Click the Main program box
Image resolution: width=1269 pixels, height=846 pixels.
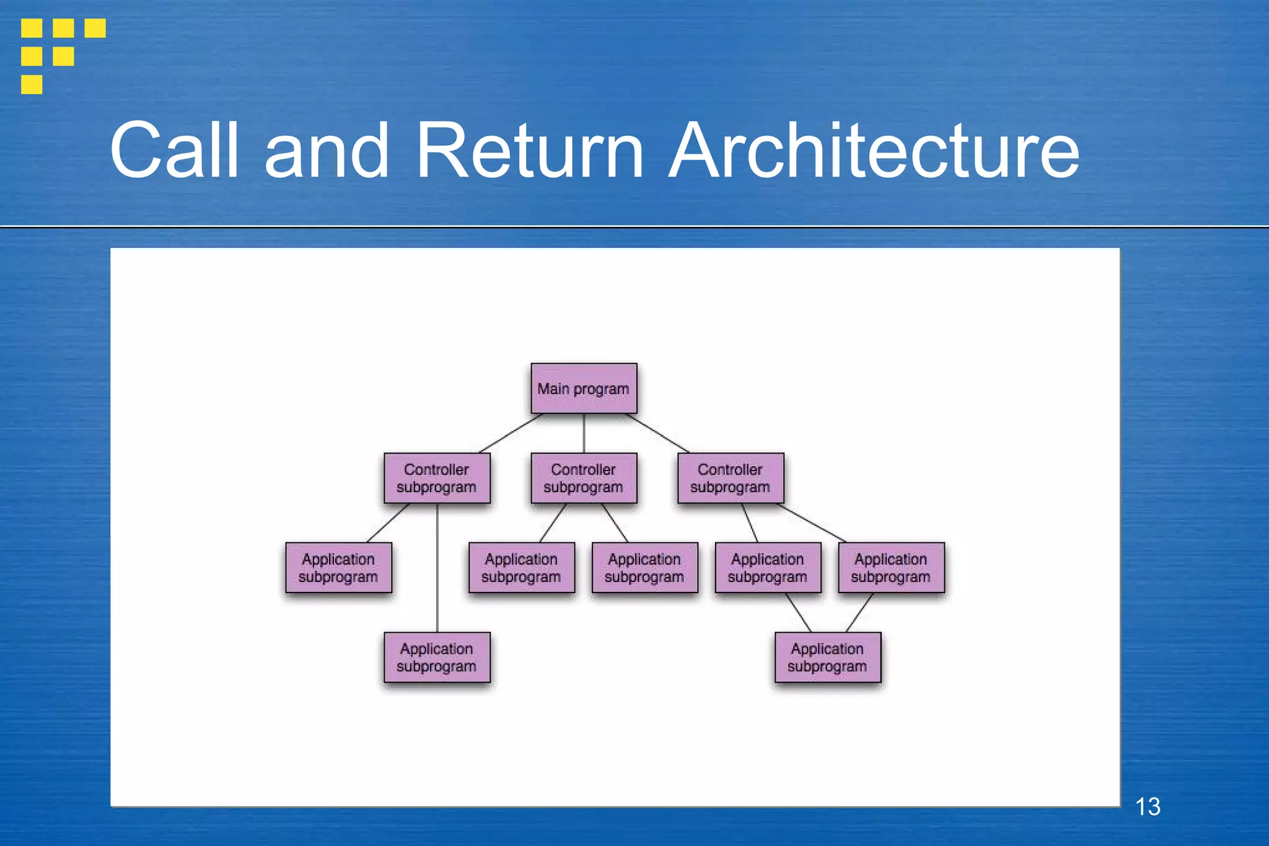pyautogui.click(x=584, y=389)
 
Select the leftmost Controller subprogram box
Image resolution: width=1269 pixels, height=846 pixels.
pyautogui.click(x=437, y=478)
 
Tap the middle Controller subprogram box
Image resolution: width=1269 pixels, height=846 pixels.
pyautogui.click(x=584, y=478)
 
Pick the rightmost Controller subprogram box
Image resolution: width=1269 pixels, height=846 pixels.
pyautogui.click(x=731, y=478)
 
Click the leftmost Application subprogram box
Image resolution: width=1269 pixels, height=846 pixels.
pyautogui.click(x=338, y=568)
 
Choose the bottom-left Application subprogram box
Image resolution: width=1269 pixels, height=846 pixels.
pyautogui.click(x=437, y=657)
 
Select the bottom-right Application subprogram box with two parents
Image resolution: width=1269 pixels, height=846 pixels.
pyautogui.click(x=827, y=657)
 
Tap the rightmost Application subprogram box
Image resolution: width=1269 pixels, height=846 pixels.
pyautogui.click(x=891, y=568)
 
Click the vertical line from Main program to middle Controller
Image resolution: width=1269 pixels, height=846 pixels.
pyautogui.click(x=584, y=433)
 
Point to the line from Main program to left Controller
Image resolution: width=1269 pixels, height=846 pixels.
pyautogui.click(x=511, y=433)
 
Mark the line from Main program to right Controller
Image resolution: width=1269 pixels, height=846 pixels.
pyautogui.click(x=657, y=433)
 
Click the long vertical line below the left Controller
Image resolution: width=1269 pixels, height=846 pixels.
pyautogui.click(x=437, y=567)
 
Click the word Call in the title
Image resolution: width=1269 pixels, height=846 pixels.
pyautogui.click(x=174, y=151)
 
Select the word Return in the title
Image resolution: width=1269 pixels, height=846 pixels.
pyautogui.click(x=530, y=151)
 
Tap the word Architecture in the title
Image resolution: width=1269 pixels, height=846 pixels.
pyautogui.click(x=874, y=151)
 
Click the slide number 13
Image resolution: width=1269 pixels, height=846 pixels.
pyautogui.click(x=1148, y=807)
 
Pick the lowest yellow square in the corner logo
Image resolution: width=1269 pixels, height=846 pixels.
pyautogui.click(x=32, y=84)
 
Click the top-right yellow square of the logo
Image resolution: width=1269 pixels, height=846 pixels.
pyautogui.click(x=95, y=28)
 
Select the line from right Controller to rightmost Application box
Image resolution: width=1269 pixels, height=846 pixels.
pyautogui.click(x=812, y=522)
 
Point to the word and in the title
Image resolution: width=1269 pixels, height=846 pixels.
pyautogui.click(x=327, y=151)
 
